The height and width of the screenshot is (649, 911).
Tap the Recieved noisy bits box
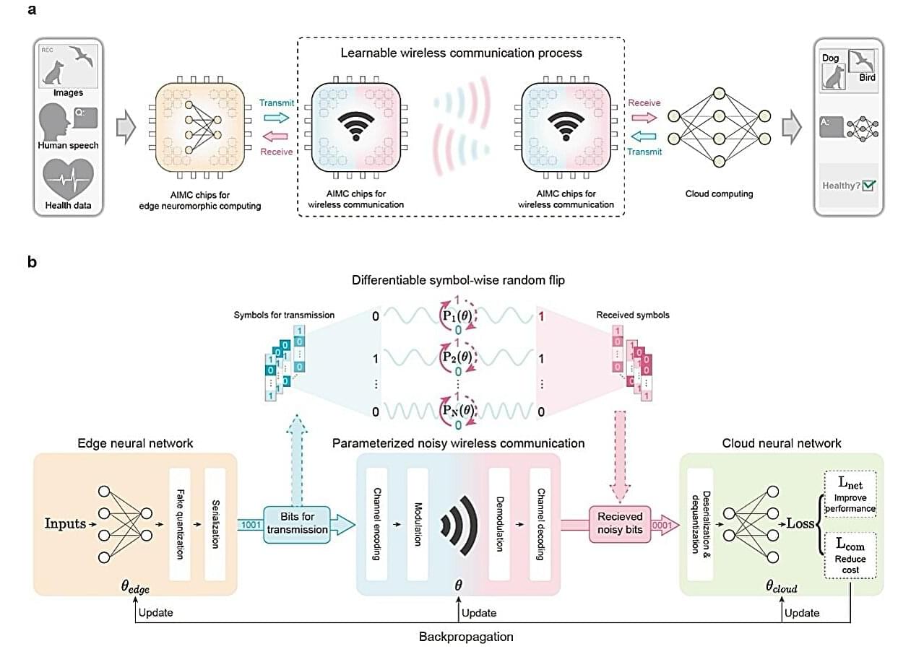(x=619, y=523)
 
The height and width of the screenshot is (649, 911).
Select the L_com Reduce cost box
(x=850, y=554)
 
